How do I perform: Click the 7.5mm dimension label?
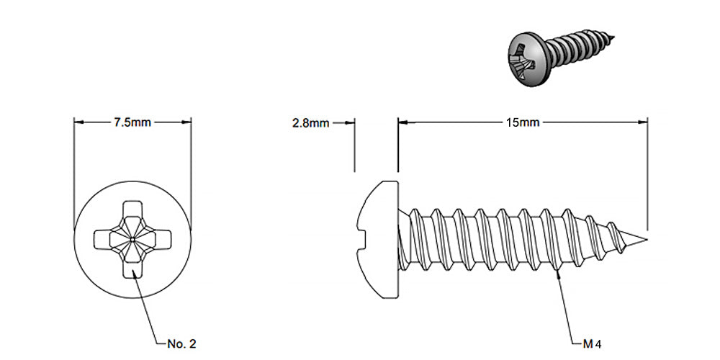click(132, 122)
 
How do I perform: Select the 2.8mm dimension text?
click(310, 123)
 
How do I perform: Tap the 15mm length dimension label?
click(523, 122)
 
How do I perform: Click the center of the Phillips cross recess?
click(132, 237)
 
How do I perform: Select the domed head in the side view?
click(378, 230)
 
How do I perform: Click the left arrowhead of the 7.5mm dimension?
click(78, 122)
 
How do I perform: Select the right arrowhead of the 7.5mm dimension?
click(188, 122)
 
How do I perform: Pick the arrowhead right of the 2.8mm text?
click(350, 122)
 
